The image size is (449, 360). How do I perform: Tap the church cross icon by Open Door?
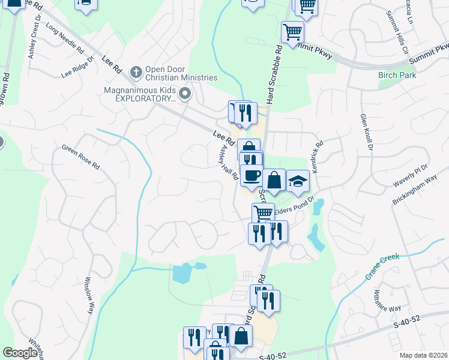pos(136,73)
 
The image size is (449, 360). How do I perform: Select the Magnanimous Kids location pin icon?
pos(185,93)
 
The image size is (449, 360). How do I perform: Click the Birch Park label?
pos(393,76)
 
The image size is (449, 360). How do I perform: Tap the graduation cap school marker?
pos(297,181)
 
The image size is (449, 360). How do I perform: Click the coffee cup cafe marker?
pos(252,175)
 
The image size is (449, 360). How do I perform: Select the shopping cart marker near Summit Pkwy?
pos(292,31)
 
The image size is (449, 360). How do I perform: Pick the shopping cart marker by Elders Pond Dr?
pos(262,213)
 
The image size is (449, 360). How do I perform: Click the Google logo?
pos(20,352)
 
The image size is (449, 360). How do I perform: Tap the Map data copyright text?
pos(423,355)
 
